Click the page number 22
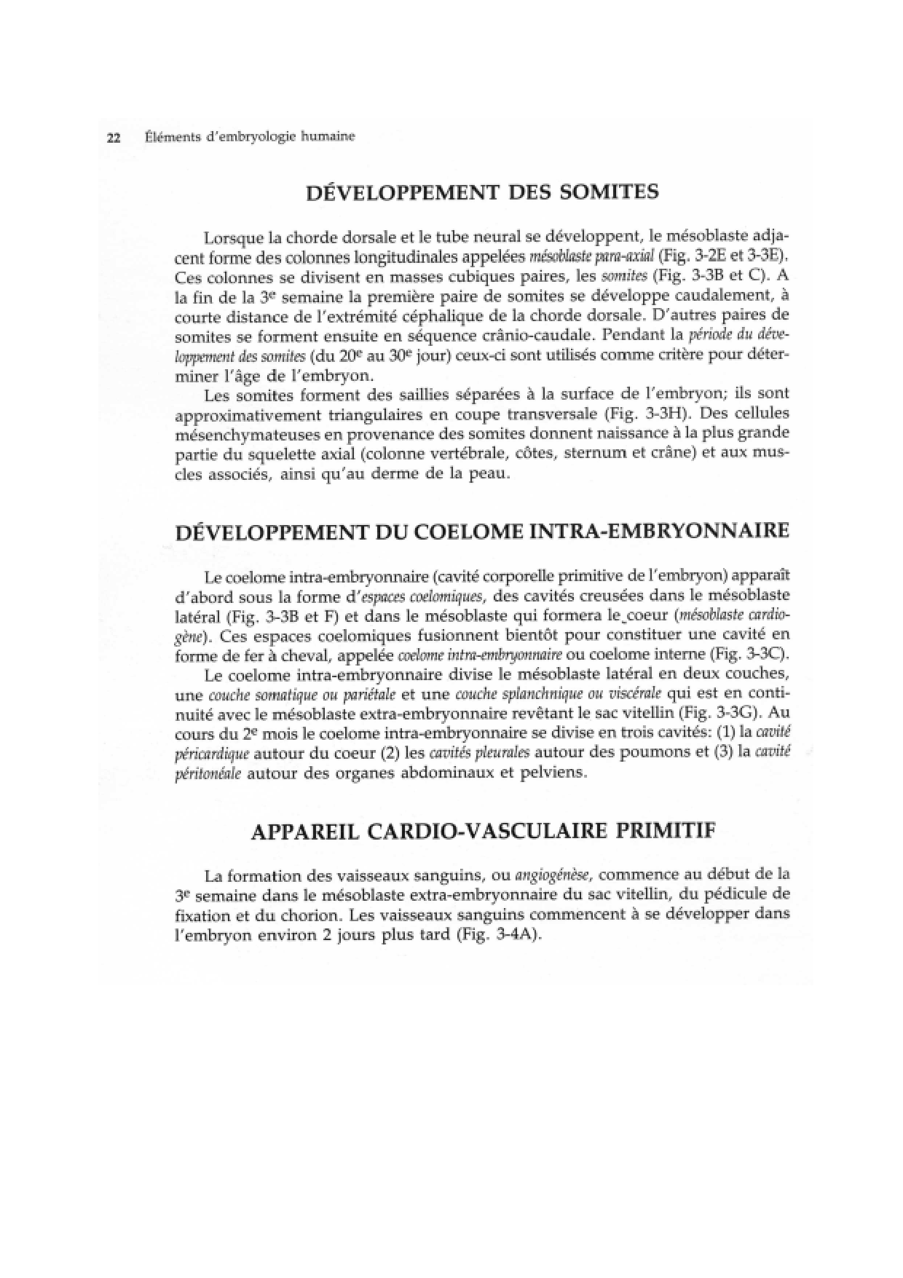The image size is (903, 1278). click(x=113, y=138)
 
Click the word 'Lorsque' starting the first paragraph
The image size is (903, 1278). click(x=234, y=238)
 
